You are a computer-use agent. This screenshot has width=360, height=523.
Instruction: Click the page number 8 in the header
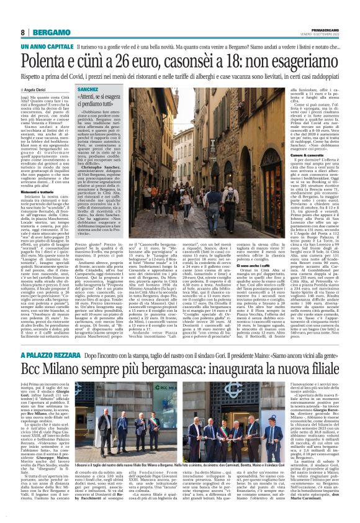pos(22,32)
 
